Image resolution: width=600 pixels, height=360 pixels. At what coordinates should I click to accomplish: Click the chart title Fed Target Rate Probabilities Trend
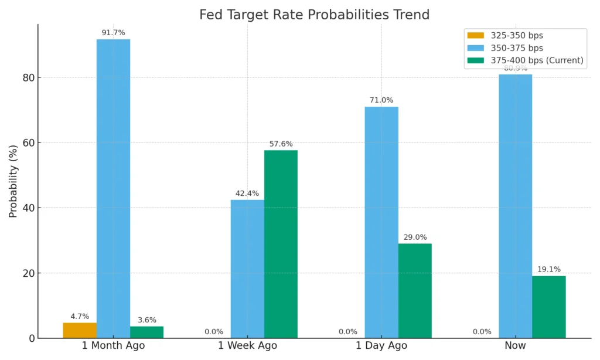[x=314, y=15]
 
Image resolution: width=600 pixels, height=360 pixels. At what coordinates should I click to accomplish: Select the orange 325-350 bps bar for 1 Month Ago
[x=80, y=330]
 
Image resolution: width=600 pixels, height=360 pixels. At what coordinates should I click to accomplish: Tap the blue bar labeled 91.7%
[x=113, y=188]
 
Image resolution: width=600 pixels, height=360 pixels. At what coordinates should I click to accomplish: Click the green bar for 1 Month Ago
[x=146, y=332]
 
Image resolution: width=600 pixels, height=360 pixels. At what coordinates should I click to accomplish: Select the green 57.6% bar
[x=281, y=244]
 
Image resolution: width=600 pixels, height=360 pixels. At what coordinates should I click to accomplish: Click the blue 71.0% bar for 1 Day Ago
[x=381, y=222]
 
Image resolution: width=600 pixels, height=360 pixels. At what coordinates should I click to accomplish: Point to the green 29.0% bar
[x=415, y=290]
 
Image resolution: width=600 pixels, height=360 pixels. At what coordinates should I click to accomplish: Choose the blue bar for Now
[x=516, y=206]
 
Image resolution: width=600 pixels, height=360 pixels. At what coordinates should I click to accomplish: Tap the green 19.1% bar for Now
[x=549, y=307]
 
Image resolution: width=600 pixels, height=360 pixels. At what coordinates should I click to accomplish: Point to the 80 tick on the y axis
[x=28, y=78]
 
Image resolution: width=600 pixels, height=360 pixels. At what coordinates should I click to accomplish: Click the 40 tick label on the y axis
[x=28, y=208]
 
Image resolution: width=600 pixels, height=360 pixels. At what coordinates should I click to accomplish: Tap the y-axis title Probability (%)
[x=13, y=182]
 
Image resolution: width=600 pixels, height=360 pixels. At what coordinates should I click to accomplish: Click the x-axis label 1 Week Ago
[x=247, y=346]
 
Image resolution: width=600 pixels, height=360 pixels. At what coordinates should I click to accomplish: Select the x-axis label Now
[x=516, y=346]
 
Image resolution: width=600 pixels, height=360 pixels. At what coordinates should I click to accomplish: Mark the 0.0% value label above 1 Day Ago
[x=348, y=332]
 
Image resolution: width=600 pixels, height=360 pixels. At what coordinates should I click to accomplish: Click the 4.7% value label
[x=80, y=317]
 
